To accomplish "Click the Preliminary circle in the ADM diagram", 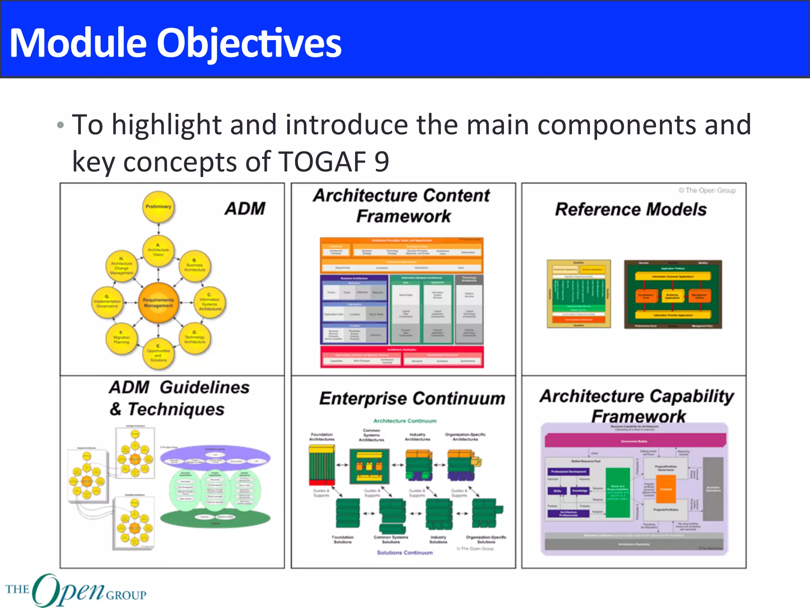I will (158, 207).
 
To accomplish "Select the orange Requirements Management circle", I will (158, 303).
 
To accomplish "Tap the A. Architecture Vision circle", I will (158, 250).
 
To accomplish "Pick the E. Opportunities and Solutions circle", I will (158, 353).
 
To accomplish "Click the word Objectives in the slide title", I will (249, 44).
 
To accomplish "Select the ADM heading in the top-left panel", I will (245, 209).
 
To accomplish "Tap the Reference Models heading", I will (630, 209).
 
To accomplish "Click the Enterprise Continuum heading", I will (412, 398).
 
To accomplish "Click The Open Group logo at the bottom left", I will (75, 590).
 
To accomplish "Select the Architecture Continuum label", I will (405, 421).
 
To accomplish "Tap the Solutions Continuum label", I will (405, 553).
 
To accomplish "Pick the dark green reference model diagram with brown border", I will (673, 294).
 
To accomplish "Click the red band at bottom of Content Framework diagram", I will (402, 357).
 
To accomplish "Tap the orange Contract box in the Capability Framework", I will (666, 489).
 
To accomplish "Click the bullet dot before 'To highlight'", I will (60, 125).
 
